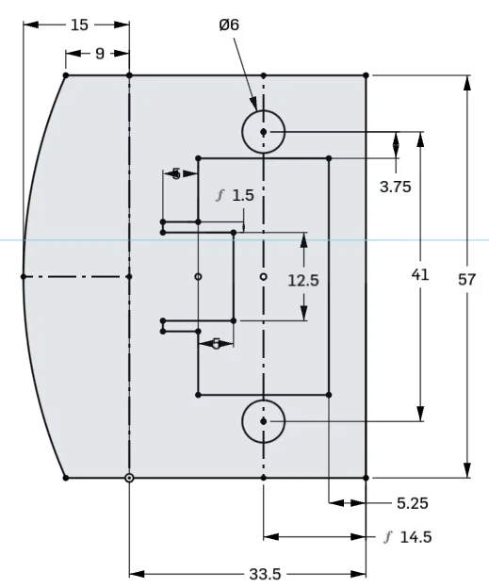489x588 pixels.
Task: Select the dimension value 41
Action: click(420, 275)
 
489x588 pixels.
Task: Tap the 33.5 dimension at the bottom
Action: click(247, 573)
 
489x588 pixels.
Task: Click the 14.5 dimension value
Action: click(414, 537)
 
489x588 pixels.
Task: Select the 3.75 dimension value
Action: click(396, 187)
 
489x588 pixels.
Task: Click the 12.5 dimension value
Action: click(303, 280)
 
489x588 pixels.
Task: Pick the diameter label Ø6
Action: click(228, 25)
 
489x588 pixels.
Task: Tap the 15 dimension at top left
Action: click(80, 25)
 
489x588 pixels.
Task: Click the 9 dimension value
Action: click(99, 54)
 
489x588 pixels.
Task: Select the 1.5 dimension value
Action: click(242, 195)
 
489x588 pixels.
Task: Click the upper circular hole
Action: click(264, 132)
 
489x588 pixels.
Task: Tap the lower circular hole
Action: click(264, 421)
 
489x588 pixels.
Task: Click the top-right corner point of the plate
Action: click(366, 74)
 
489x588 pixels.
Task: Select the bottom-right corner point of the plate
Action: click(366, 478)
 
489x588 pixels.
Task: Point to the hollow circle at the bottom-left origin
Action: click(129, 478)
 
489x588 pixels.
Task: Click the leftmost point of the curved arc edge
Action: click(23, 276)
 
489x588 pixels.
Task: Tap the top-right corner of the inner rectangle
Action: click(328, 158)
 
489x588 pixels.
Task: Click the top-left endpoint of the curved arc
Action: click(65, 74)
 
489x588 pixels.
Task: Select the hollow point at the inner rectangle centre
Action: click(263, 276)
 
